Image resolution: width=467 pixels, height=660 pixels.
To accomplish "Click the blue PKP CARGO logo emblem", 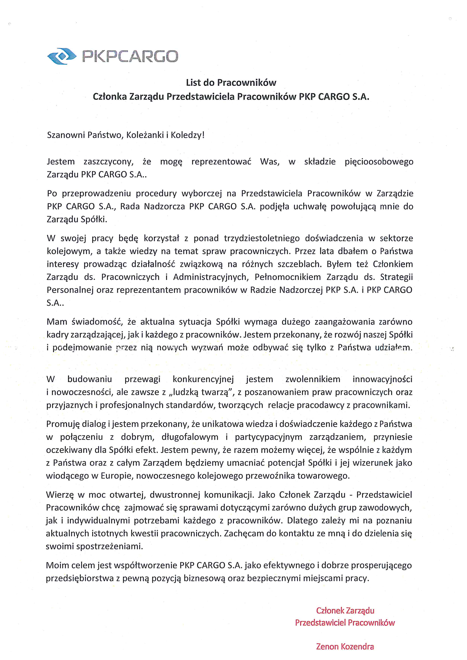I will pyautogui.click(x=62, y=56).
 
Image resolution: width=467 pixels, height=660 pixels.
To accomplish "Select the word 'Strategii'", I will pyautogui.click(x=396, y=277).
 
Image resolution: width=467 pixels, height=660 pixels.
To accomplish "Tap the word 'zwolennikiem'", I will pyautogui.click(x=313, y=379).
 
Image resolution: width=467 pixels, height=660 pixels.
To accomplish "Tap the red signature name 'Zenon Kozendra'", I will pyautogui.click(x=345, y=647).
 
